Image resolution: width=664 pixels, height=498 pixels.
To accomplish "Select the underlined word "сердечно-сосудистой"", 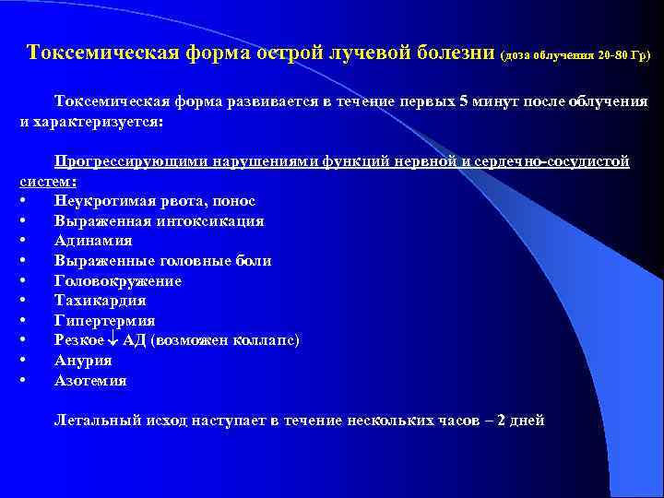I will click(x=559, y=161).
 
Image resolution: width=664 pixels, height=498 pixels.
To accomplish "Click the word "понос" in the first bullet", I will click(x=234, y=201).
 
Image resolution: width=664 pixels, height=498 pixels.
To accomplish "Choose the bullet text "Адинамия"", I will click(x=92, y=241).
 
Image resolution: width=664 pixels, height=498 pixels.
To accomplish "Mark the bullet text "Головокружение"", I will click(x=117, y=281).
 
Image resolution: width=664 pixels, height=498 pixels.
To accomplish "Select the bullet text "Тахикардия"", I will click(x=100, y=301).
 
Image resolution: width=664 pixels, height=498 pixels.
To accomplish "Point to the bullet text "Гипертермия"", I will click(x=104, y=321).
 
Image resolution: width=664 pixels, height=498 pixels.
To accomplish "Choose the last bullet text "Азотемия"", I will click(x=90, y=380).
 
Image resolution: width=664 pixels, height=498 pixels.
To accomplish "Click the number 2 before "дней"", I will click(x=501, y=421).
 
